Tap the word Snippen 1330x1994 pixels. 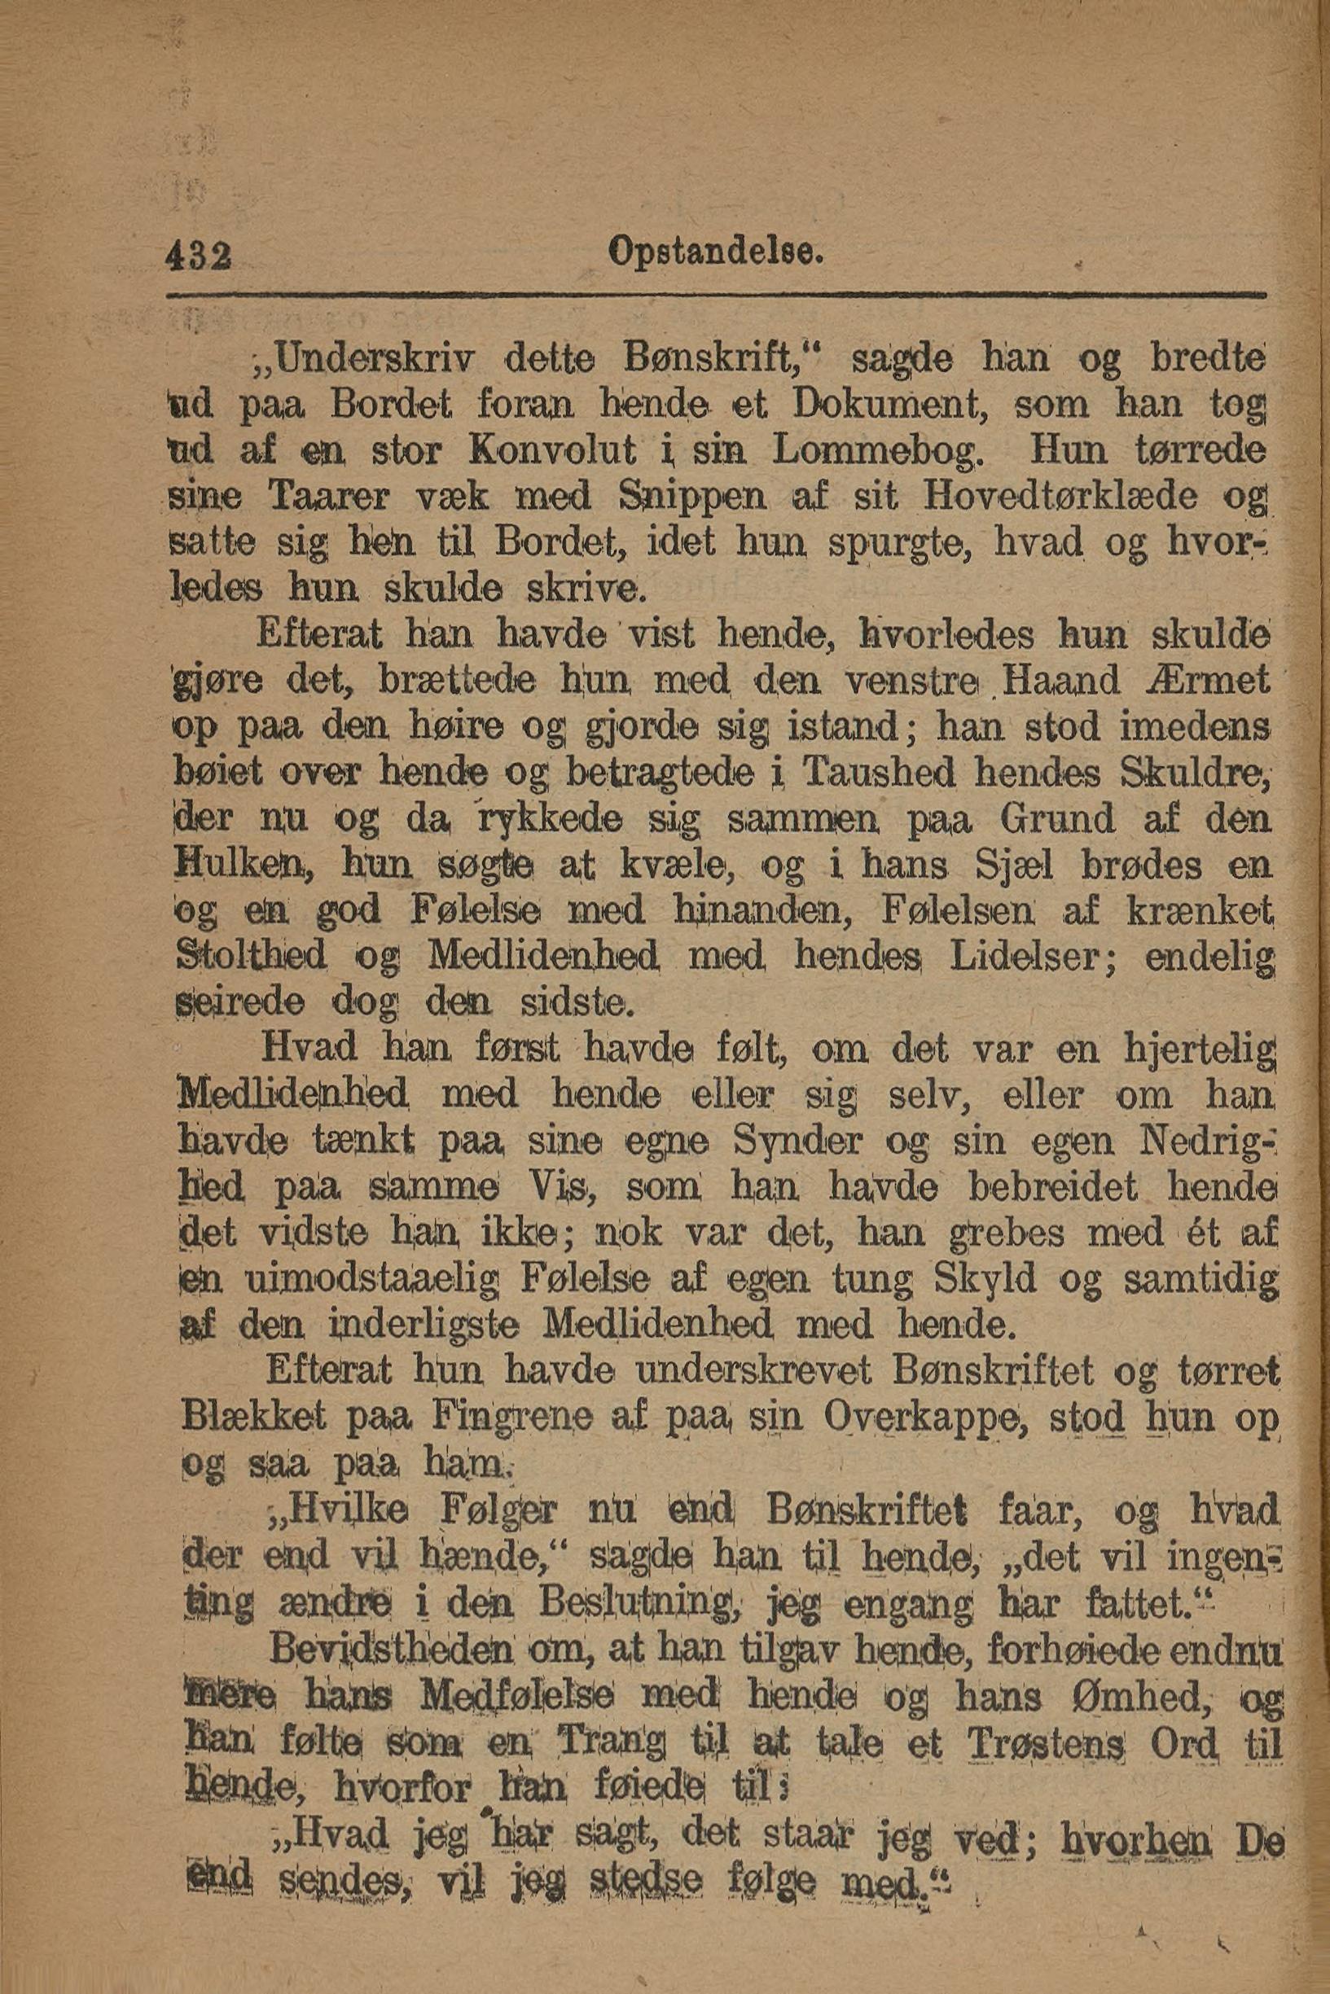693,495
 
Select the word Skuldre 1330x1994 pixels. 1192,773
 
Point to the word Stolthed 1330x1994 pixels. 251,957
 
